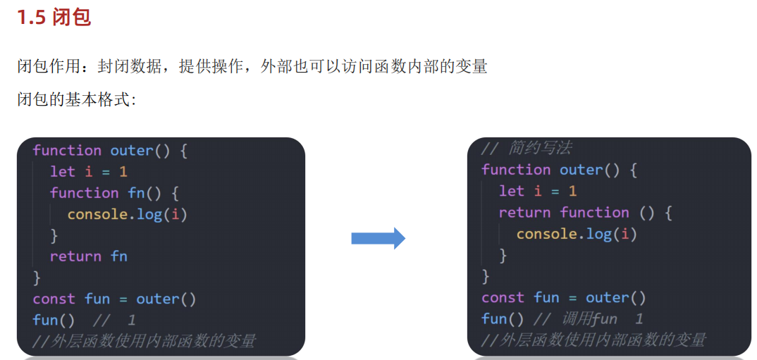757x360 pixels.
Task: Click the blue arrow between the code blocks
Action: [378, 239]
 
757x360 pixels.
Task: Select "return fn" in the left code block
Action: [89, 256]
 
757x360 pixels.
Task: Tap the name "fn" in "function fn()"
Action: [136, 193]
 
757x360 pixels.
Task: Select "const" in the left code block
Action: [54, 299]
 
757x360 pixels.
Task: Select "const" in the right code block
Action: [503, 298]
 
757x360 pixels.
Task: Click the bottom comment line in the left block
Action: [144, 342]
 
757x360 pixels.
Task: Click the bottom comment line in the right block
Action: [593, 340]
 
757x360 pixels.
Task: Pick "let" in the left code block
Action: [62, 172]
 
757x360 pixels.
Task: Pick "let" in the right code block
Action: [511, 191]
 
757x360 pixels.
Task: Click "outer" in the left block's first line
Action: [131, 151]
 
